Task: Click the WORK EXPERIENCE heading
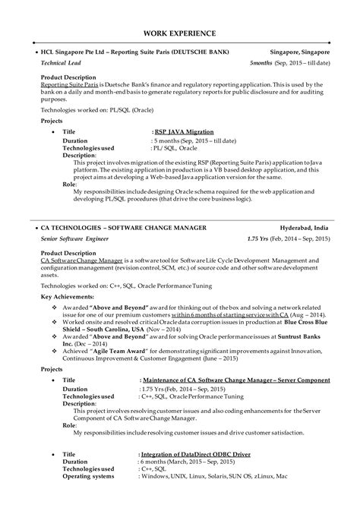click(180, 33)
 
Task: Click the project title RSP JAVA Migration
click(183, 131)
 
